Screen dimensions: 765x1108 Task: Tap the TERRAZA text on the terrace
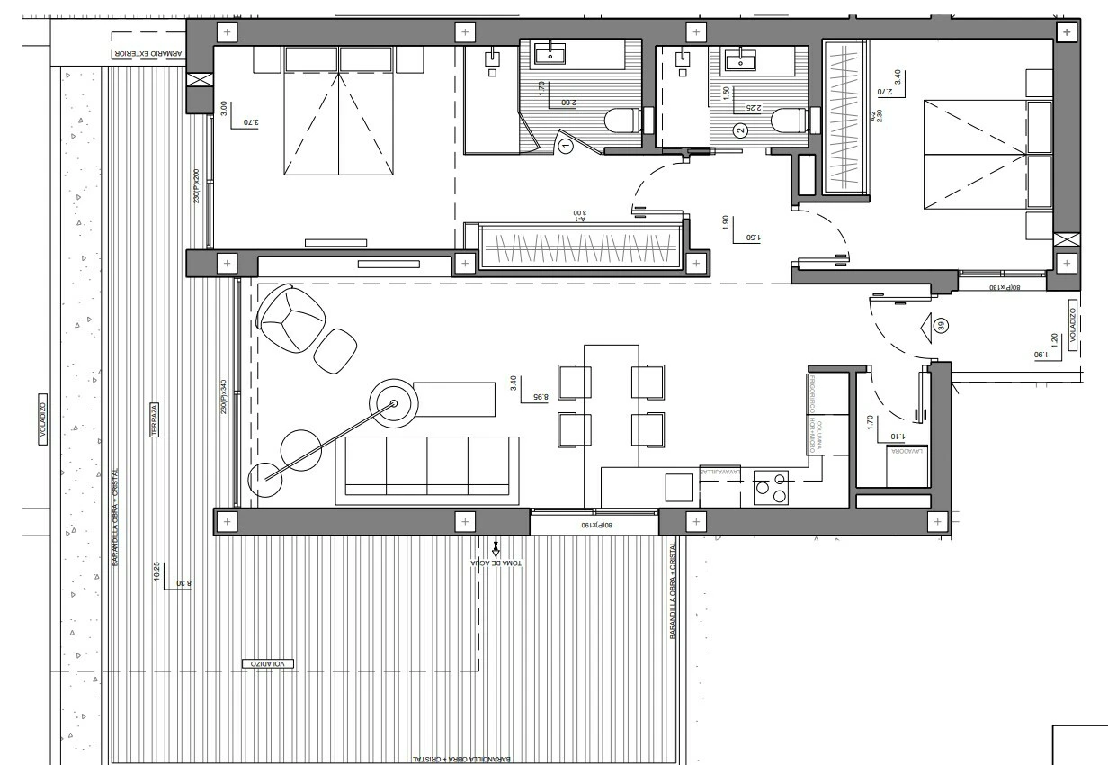coord(155,420)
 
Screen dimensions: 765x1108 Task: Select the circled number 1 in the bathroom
coord(566,145)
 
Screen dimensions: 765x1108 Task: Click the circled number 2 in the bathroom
coord(741,130)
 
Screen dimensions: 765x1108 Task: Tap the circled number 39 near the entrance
coord(942,326)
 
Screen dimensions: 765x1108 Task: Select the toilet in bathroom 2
coord(789,120)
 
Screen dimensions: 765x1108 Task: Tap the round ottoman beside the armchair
coord(336,351)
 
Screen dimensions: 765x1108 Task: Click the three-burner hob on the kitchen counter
coord(770,488)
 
